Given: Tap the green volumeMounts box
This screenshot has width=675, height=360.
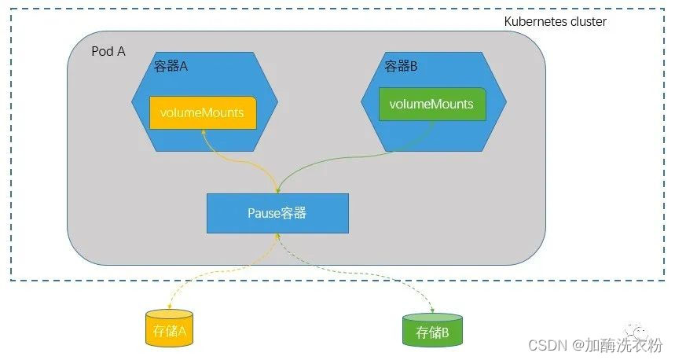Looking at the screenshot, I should (431, 104).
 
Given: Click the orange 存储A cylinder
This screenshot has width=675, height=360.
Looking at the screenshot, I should (170, 330).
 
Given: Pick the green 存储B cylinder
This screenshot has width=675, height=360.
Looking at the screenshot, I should (432, 331).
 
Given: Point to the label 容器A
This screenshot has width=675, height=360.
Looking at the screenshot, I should (171, 67).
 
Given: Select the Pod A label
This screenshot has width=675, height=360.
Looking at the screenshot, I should (108, 52).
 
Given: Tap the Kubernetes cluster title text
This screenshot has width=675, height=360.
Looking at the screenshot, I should (555, 21).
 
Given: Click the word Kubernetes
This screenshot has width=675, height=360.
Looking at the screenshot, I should (534, 21).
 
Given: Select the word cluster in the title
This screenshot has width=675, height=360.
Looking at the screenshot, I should (587, 21).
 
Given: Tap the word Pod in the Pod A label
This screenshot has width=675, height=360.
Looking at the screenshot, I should (103, 52).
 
